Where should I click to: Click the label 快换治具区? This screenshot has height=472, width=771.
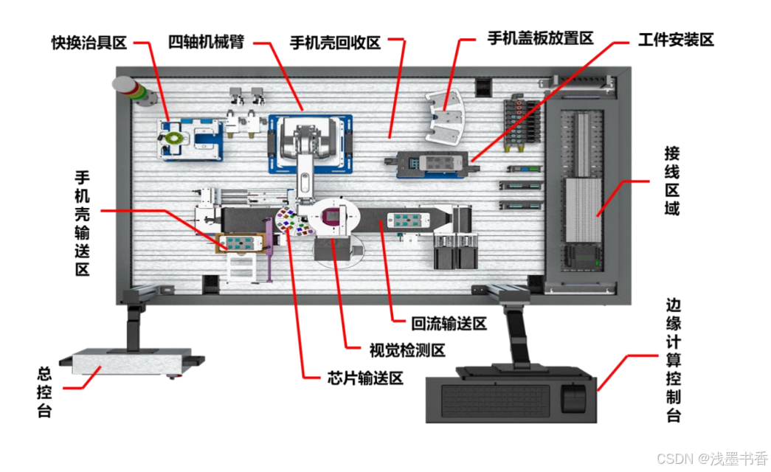point(89,43)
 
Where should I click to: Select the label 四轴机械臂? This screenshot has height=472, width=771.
point(206,41)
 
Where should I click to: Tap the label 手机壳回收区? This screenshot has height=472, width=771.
point(336,42)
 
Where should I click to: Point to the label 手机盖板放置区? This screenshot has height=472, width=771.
point(541,38)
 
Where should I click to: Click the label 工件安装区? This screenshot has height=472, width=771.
point(676,40)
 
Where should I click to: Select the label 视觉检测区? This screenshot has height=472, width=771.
point(407,350)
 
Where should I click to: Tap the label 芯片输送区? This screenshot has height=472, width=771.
point(365,378)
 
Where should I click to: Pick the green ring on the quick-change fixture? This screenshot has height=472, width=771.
point(174,138)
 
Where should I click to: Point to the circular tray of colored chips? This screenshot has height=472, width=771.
point(294,221)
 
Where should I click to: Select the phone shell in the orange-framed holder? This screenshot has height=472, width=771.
point(241,243)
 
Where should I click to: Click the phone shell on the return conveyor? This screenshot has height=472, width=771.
point(408,219)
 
